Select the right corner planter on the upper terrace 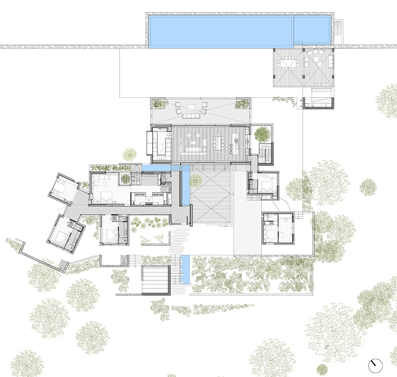[x=242, y=104]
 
